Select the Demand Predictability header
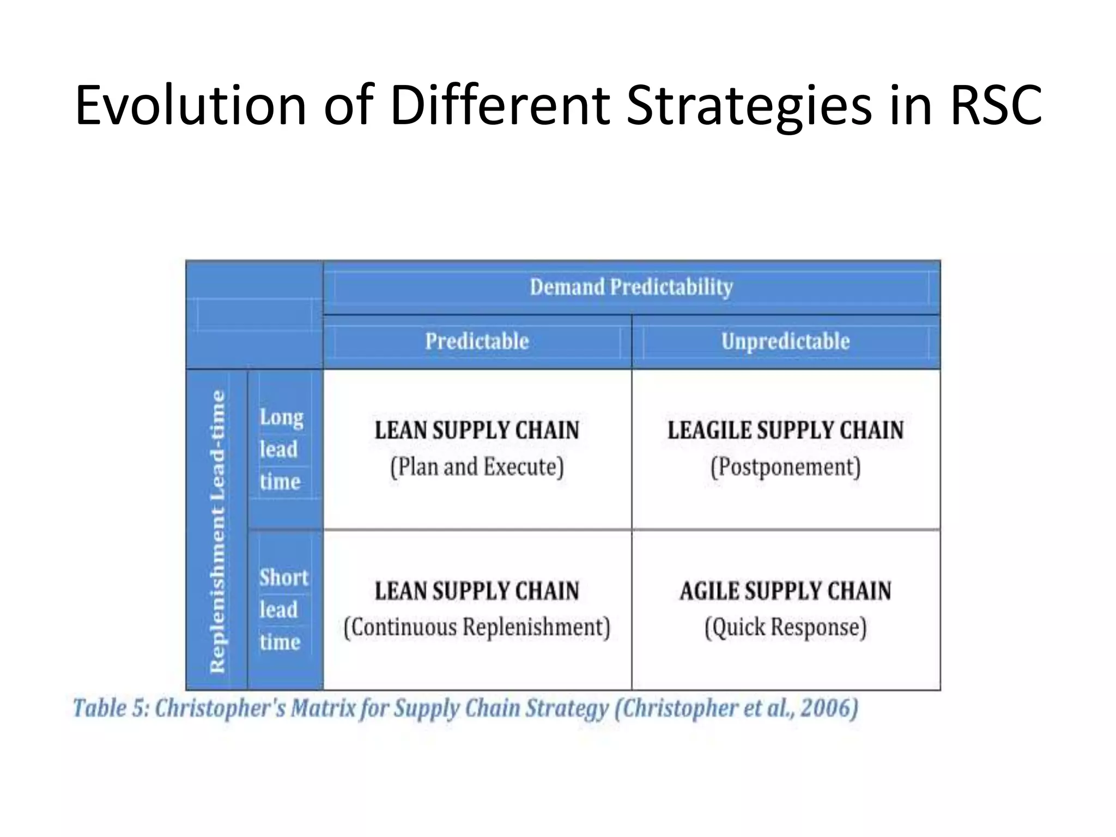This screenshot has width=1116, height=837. coord(631,287)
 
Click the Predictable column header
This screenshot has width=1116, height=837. coord(477,342)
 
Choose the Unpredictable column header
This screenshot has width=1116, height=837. coord(785,342)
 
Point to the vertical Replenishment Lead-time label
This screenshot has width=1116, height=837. coord(217,531)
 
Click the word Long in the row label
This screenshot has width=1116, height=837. coord(281,417)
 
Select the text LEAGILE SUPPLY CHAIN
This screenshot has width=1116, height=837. coord(785,430)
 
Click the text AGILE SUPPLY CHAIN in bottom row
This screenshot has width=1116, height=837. coord(785,591)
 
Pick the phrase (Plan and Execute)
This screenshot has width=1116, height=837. coord(477,467)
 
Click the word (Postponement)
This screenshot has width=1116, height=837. coord(785,467)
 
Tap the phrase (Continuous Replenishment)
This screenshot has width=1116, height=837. coord(477,627)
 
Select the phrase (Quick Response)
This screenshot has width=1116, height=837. coord(785,627)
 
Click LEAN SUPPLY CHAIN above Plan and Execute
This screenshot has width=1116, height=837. coord(477,430)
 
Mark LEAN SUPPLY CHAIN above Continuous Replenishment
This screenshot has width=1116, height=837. coord(477,591)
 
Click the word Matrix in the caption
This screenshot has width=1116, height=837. coord(323,708)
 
